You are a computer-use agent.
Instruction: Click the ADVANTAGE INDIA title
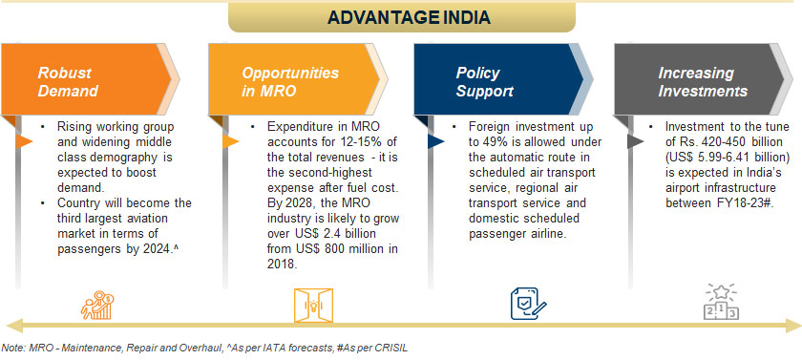pyautogui.click(x=409, y=18)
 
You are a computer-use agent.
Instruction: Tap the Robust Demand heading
pyautogui.click(x=67, y=82)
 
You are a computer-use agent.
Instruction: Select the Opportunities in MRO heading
pyautogui.click(x=289, y=82)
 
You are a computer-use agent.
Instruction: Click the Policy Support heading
pyautogui.click(x=484, y=82)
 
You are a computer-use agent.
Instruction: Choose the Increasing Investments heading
pyautogui.click(x=703, y=82)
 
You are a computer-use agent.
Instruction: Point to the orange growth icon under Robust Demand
pyautogui.click(x=97, y=306)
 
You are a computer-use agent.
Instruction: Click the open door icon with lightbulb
pyautogui.click(x=313, y=306)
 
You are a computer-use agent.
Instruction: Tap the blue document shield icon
pyautogui.click(x=528, y=304)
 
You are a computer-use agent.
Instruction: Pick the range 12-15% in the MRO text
pyautogui.click(x=362, y=142)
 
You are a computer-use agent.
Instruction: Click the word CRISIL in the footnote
pyautogui.click(x=390, y=349)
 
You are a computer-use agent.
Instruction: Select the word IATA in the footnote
pyautogui.click(x=283, y=349)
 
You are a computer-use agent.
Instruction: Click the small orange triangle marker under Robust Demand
pyautogui.click(x=24, y=141)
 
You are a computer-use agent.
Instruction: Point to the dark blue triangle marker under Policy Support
pyautogui.click(x=435, y=141)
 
